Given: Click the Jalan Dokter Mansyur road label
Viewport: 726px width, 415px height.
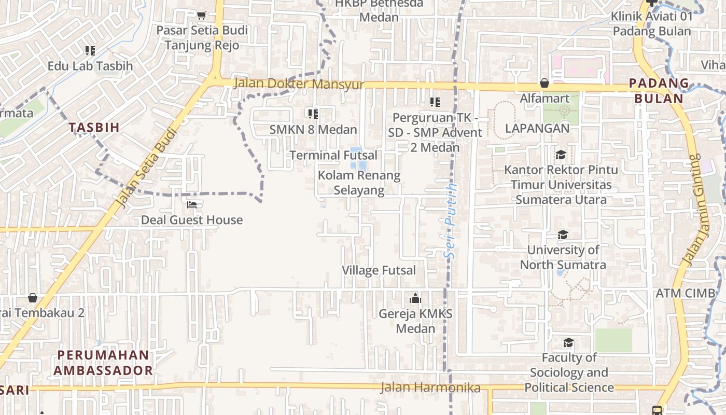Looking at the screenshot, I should point(299,84).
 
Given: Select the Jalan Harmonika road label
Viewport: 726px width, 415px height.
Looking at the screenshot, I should point(430,388).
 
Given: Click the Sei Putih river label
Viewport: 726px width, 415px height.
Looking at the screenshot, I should point(452,221).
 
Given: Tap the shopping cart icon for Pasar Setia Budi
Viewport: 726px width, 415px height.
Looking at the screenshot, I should point(202,16).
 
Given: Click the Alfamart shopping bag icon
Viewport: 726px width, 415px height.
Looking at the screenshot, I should point(544,83).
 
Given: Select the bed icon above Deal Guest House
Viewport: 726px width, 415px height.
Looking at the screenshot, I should point(192,205).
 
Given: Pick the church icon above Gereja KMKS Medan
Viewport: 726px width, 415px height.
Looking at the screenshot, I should point(415,298).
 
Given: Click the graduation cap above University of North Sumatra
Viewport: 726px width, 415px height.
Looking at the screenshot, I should point(563,235).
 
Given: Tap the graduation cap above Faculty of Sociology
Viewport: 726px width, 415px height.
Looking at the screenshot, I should point(569,342).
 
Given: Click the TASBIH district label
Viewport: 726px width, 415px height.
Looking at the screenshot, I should point(94,127).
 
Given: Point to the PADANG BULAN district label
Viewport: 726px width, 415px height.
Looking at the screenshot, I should point(659,91).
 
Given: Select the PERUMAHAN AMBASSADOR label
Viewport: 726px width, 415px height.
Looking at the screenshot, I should point(103,363).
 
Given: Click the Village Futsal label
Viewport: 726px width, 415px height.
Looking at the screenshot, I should point(379,270).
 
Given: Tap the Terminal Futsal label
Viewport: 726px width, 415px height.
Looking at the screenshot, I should point(333,155).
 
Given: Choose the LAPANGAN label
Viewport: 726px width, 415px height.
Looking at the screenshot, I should point(537,128).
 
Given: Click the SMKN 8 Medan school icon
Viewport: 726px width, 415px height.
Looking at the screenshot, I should point(313,114).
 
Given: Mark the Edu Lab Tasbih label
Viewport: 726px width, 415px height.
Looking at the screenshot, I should point(90,66).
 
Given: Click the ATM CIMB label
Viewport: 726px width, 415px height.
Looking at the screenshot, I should point(685,293).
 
